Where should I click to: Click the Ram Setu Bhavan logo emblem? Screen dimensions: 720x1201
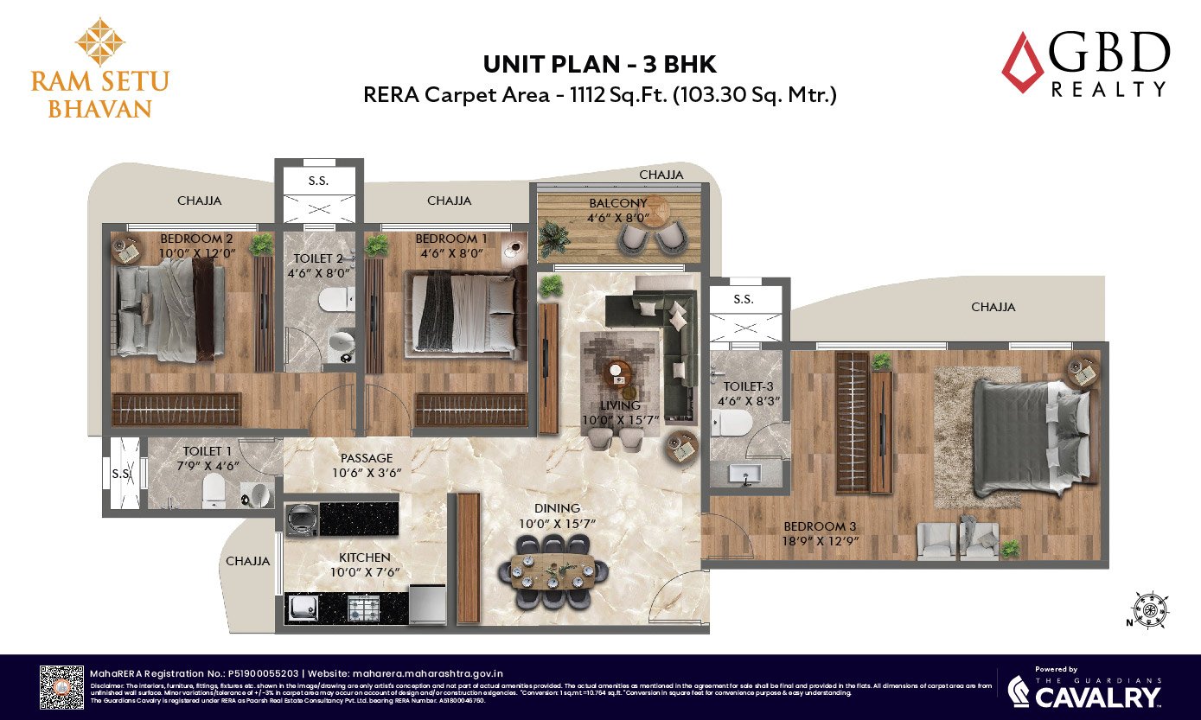coord(100,41)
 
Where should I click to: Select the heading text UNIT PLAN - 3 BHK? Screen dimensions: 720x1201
coord(600,64)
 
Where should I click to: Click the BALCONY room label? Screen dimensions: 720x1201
coord(617,203)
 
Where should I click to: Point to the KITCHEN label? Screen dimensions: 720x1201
coord(364,558)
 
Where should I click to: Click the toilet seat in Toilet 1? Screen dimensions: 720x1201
coord(213,492)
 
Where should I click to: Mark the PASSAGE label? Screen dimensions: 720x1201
coord(367,458)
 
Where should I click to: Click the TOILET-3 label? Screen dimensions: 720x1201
coord(743,388)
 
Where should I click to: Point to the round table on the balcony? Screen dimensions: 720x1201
coord(664,209)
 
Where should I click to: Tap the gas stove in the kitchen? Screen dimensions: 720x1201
coord(361,608)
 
